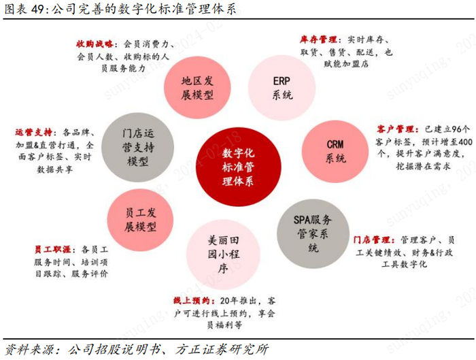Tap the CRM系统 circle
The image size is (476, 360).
coord(335,151)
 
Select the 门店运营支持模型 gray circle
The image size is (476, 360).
coord(137,146)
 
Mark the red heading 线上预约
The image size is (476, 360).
coord(192,301)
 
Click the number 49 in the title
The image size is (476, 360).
coord(37,10)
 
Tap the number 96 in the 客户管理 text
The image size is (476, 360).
coord(461,128)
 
